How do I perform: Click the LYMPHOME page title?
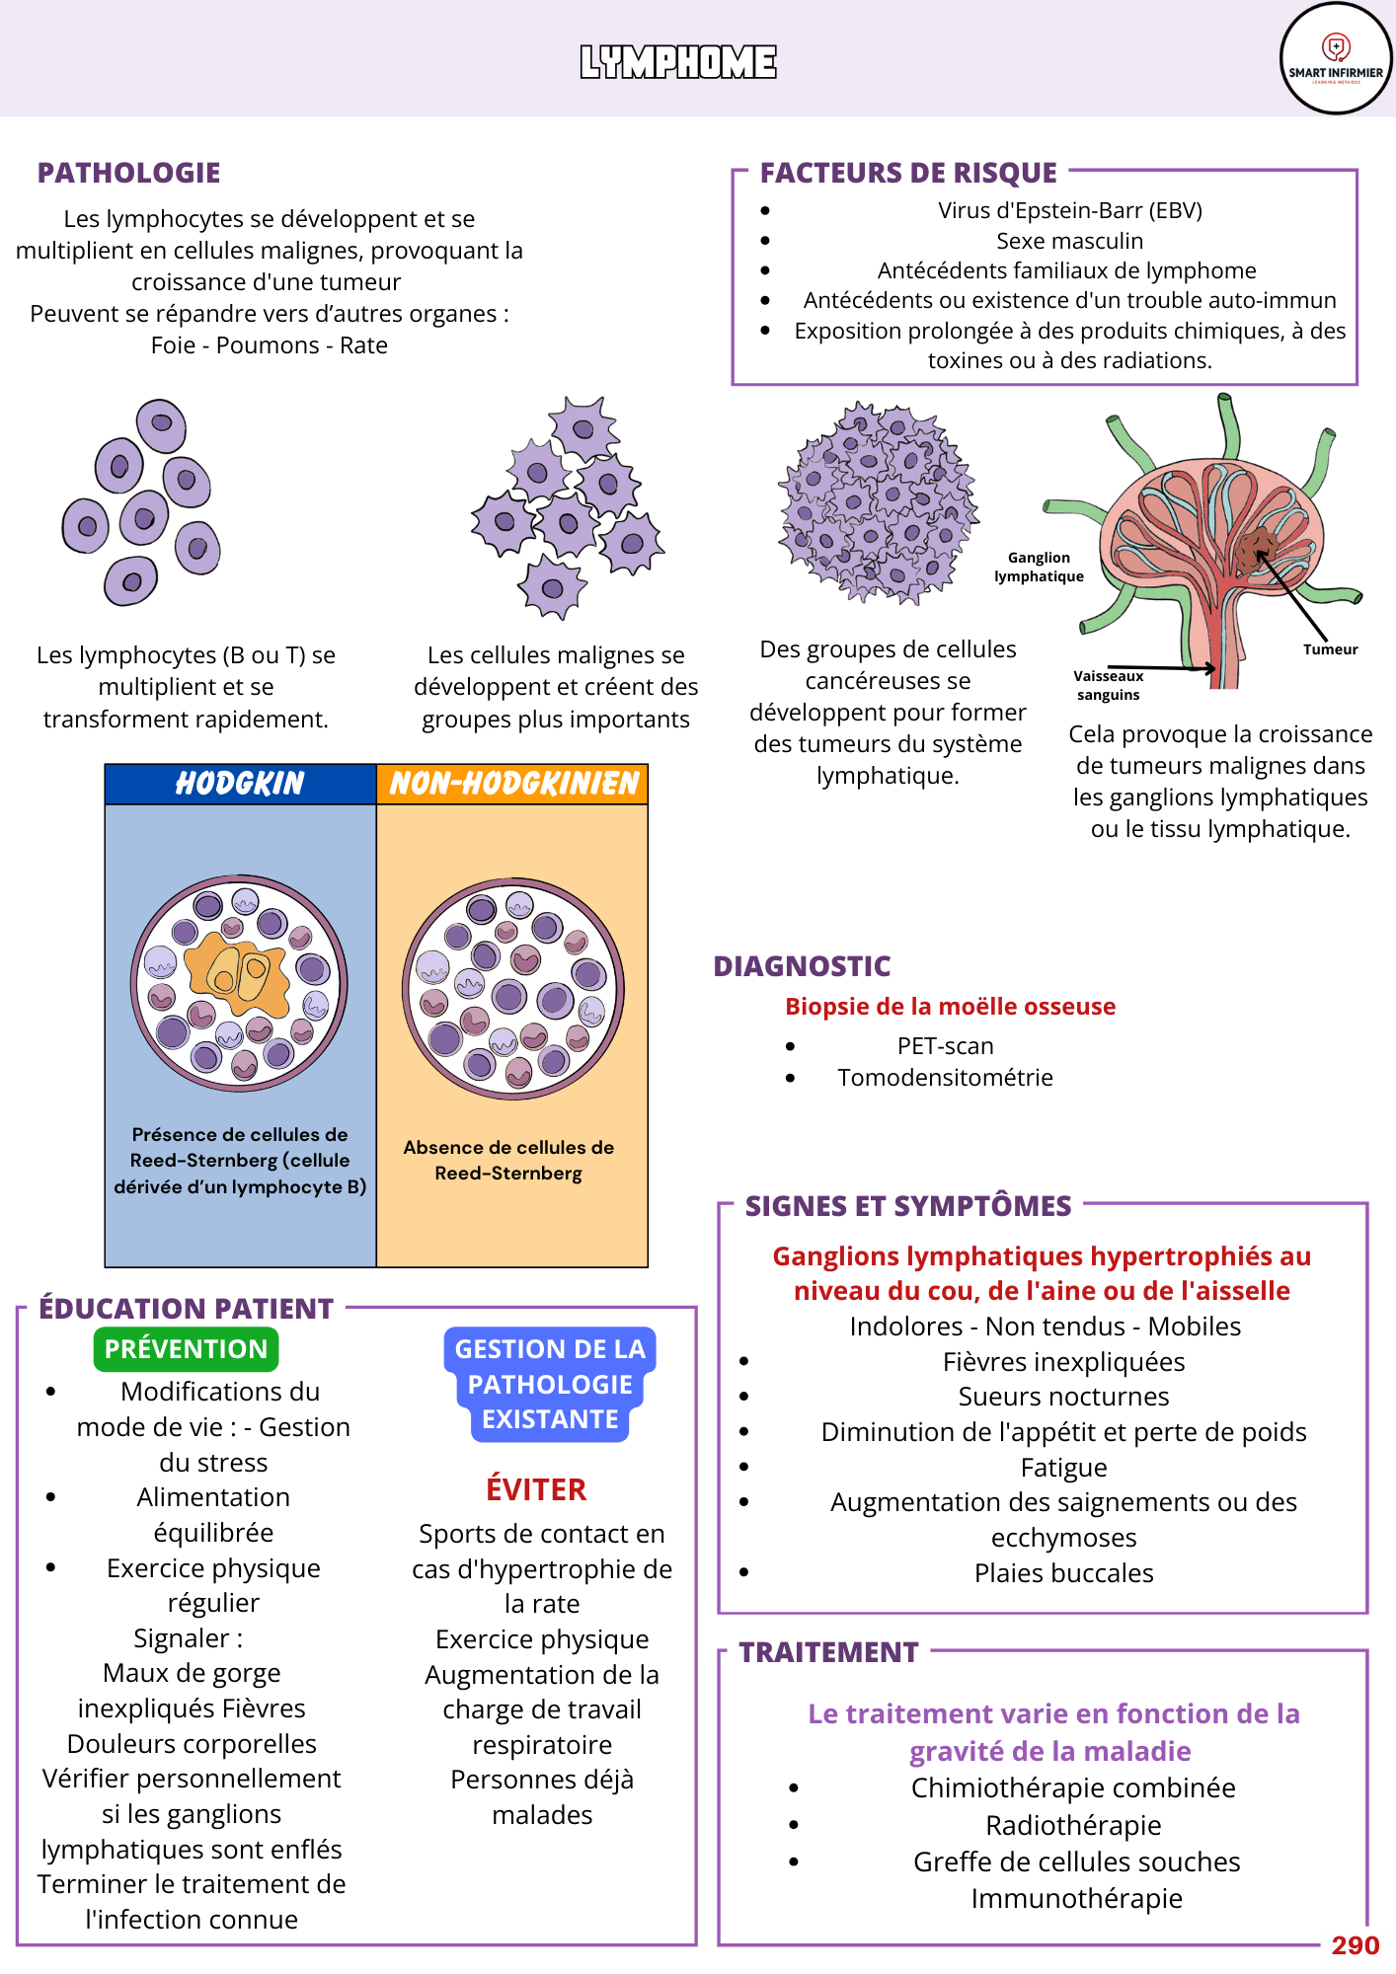click(678, 62)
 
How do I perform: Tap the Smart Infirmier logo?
click(1336, 58)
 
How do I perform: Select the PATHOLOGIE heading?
click(128, 173)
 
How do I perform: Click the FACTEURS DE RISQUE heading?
click(908, 173)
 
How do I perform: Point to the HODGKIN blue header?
click(240, 784)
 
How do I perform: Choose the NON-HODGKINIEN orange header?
click(513, 784)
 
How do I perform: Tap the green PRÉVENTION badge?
click(186, 1349)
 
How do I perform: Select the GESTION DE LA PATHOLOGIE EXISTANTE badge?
click(550, 1384)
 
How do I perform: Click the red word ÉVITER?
click(536, 1489)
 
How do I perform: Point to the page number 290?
click(1355, 1945)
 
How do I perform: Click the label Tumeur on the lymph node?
click(1330, 649)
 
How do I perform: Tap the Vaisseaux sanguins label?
click(1108, 685)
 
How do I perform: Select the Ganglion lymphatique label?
click(1039, 568)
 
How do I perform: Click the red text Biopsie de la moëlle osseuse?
click(950, 1007)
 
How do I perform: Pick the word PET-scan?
click(945, 1046)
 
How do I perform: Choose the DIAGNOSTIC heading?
click(802, 966)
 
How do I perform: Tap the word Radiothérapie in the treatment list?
click(1073, 1825)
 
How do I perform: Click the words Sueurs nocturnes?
click(1063, 1397)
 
